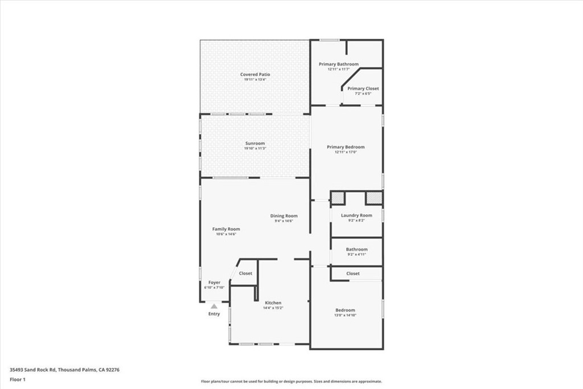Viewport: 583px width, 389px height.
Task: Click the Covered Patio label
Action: point(255,75)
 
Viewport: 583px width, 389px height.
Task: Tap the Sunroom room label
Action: point(255,144)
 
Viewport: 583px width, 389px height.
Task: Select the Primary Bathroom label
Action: point(339,64)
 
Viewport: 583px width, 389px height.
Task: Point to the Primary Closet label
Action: point(363,89)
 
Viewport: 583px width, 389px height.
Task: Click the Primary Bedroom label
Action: point(346,147)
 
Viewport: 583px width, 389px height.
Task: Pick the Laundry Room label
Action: point(356,215)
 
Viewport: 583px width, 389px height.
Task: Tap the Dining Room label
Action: point(284,216)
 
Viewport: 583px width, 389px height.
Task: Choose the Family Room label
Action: point(226,229)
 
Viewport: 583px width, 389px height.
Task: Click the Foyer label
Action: point(214,282)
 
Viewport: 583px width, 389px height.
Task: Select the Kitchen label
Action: point(273,303)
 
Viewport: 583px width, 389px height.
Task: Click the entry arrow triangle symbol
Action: point(214,306)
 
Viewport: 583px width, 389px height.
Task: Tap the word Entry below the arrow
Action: point(214,314)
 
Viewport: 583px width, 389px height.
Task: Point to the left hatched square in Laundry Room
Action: point(338,198)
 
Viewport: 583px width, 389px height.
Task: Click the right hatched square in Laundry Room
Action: point(373,198)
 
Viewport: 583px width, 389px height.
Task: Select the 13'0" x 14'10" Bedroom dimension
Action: point(346,316)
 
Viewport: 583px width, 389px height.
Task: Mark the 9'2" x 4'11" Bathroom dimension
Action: point(356,255)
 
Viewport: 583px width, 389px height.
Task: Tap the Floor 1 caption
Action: point(18,379)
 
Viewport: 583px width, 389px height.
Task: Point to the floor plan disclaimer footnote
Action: point(291,382)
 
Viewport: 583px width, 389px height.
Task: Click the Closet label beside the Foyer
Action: point(245,273)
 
